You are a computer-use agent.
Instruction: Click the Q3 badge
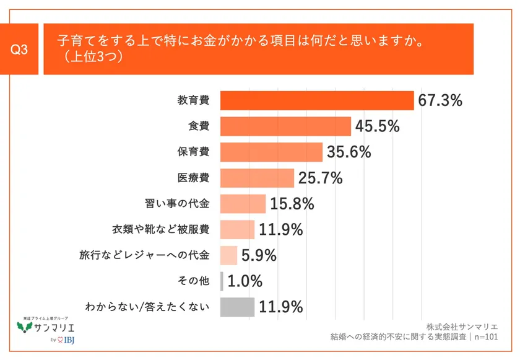(21, 50)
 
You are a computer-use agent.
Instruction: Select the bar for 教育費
(317, 100)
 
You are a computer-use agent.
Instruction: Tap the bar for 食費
(285, 126)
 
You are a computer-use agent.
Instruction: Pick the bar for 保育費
(271, 152)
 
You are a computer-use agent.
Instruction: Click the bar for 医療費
(257, 178)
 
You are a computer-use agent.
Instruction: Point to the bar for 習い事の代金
(243, 204)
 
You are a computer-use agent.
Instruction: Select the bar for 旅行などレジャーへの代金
(228, 255)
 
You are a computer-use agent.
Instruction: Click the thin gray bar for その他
(222, 281)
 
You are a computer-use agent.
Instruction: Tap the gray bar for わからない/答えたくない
(237, 307)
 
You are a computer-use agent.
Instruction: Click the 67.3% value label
(440, 100)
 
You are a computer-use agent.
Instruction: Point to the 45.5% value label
(377, 126)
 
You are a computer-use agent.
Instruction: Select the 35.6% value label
(349, 152)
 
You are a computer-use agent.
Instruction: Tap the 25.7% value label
(320, 178)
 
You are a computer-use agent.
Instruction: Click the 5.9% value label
(258, 255)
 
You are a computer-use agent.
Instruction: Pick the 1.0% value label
(245, 281)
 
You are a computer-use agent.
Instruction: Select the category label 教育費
(193, 100)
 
